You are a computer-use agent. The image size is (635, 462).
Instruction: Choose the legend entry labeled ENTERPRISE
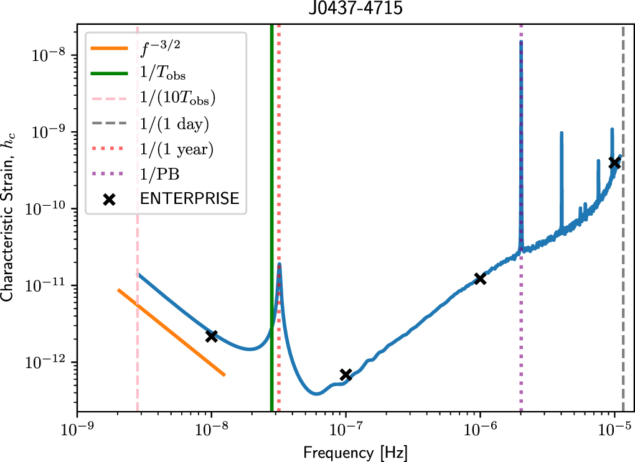click(189, 199)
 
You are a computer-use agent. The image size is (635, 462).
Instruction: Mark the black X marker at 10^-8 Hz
click(212, 336)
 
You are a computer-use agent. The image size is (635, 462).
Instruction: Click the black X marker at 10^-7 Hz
click(346, 374)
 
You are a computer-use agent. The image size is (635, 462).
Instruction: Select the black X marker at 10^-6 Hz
click(480, 279)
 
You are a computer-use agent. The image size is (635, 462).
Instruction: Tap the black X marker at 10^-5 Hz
click(614, 162)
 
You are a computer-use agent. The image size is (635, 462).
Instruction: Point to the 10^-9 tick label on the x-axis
click(77, 428)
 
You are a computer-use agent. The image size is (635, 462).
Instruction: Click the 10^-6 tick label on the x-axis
click(480, 428)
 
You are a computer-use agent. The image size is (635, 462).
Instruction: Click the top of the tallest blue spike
click(521, 42)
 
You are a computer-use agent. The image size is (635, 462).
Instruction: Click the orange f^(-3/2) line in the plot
click(171, 332)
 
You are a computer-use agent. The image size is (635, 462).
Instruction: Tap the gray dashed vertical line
click(623, 249)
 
